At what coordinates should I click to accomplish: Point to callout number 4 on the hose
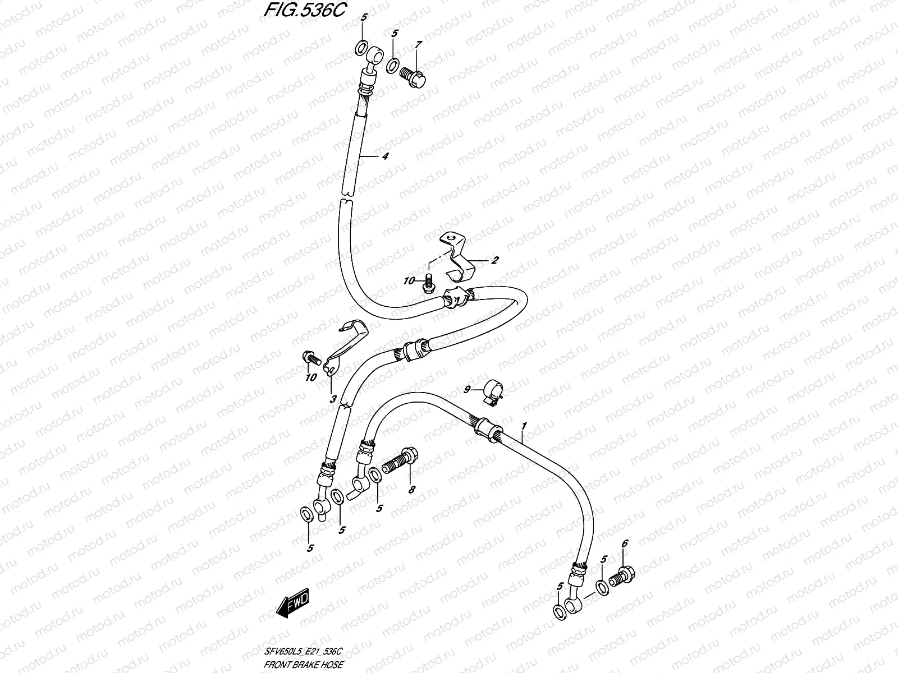tap(384, 156)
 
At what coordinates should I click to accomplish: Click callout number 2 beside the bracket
tap(495, 260)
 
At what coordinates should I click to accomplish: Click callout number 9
tap(466, 389)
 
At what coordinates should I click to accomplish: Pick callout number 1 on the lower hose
tap(524, 427)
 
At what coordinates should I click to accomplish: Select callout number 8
tap(411, 490)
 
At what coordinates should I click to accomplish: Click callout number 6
tap(625, 543)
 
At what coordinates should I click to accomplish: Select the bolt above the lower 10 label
tap(311, 356)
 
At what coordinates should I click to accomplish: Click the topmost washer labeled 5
tap(362, 47)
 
